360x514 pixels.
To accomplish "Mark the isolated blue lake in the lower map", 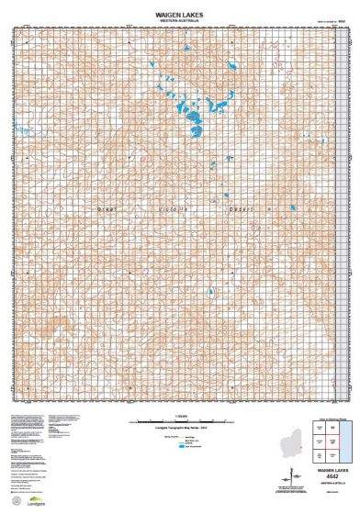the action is (210, 294).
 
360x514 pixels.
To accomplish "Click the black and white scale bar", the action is (179, 424).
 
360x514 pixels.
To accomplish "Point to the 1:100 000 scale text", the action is (179, 419).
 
